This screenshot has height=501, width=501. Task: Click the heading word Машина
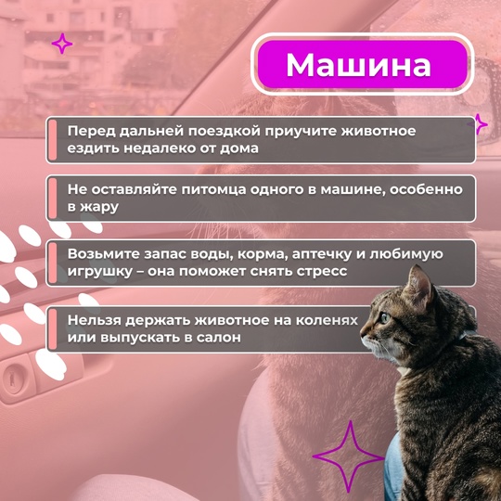pyautogui.click(x=358, y=65)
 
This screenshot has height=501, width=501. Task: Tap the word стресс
pyautogui.click(x=322, y=272)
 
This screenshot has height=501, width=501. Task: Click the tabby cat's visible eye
pyautogui.click(x=385, y=317)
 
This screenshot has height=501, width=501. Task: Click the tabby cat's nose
pyautogui.click(x=362, y=334)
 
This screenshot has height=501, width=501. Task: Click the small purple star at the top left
pyautogui.click(x=62, y=44)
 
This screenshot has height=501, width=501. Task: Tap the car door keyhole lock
pyautogui.click(x=13, y=377)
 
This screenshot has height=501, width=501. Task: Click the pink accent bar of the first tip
pyautogui.click(x=52, y=140)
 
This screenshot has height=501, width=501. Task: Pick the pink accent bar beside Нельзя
pyautogui.click(x=52, y=329)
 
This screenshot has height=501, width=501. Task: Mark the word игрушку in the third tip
pyautogui.click(x=99, y=272)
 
